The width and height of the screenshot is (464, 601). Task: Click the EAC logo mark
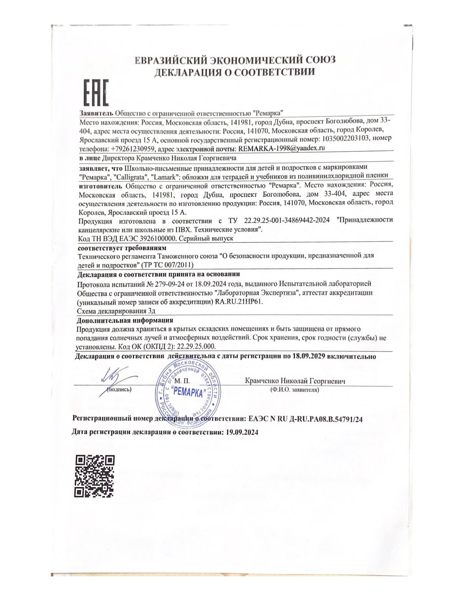[x=96, y=93]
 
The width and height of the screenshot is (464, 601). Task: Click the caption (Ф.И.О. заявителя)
[x=294, y=389]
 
